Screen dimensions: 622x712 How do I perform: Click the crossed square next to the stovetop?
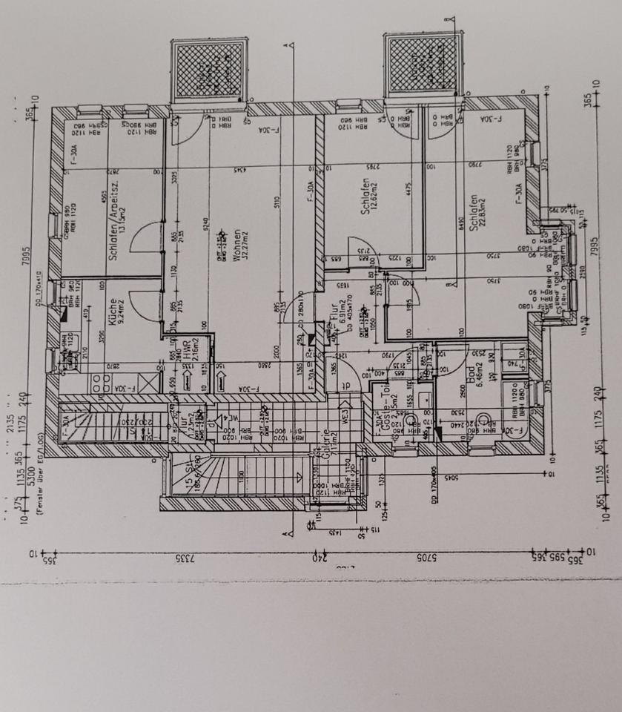149,383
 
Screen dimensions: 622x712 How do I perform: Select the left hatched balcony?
208,70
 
